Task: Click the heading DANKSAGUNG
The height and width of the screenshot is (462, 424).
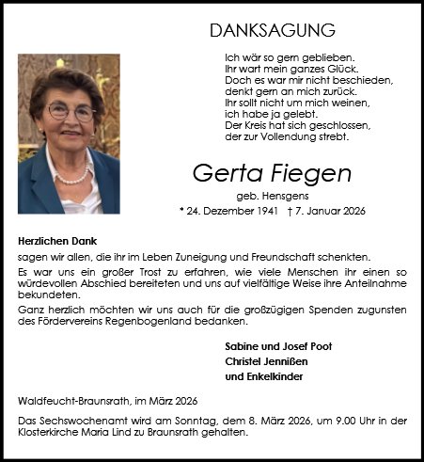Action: click(x=259, y=30)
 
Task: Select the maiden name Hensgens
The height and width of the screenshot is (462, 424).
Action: click(x=273, y=194)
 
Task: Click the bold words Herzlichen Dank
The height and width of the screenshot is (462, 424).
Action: click(x=57, y=241)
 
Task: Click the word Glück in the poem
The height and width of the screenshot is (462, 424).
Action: click(x=322, y=69)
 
